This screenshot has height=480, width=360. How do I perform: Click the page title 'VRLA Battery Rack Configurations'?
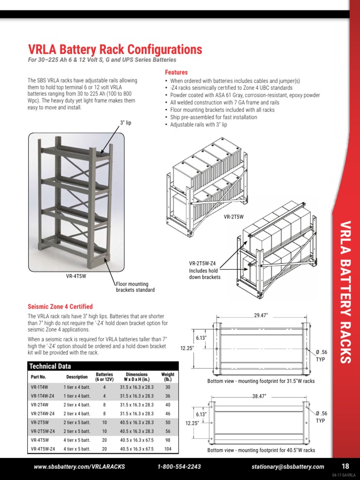[x=115, y=50]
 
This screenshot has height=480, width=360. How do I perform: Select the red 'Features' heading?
[x=176, y=73]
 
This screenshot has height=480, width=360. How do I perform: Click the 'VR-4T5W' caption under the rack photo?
[x=76, y=276]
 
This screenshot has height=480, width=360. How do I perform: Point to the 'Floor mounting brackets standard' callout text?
[x=135, y=287]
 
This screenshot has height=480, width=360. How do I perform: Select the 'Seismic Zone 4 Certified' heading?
[x=60, y=307]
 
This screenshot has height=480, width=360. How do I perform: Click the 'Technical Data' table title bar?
[x=103, y=366]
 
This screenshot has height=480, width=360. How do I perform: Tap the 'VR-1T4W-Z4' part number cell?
[x=43, y=396]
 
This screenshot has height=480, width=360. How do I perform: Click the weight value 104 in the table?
[x=167, y=449]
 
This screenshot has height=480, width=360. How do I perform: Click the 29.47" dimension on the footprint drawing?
[x=261, y=315]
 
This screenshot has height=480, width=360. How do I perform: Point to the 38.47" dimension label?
[x=259, y=397]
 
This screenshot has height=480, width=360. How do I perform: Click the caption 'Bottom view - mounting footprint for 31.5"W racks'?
[x=261, y=381]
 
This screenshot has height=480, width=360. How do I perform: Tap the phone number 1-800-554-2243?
[x=180, y=466]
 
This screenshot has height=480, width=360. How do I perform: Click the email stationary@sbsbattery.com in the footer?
[x=287, y=466]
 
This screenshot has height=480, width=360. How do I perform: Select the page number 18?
[x=345, y=466]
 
